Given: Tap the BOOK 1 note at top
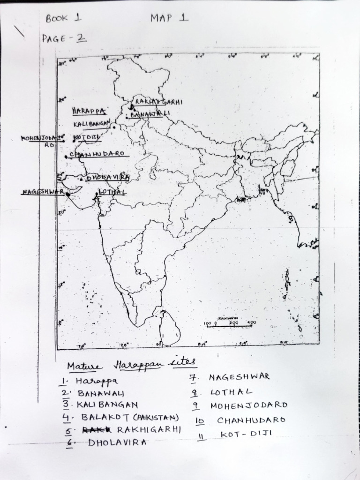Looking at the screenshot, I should click(x=63, y=19).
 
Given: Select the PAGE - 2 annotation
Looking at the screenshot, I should click(x=64, y=39).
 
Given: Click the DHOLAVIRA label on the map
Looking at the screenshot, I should click(x=107, y=178).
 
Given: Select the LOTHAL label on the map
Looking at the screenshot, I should click(x=112, y=192).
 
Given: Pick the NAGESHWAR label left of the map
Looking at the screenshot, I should click(x=42, y=192).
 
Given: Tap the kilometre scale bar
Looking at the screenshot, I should click(x=229, y=324).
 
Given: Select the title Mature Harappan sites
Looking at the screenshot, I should click(x=131, y=365).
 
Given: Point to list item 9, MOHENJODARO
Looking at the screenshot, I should click(x=248, y=405).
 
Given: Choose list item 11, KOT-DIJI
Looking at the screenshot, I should click(x=246, y=434).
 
